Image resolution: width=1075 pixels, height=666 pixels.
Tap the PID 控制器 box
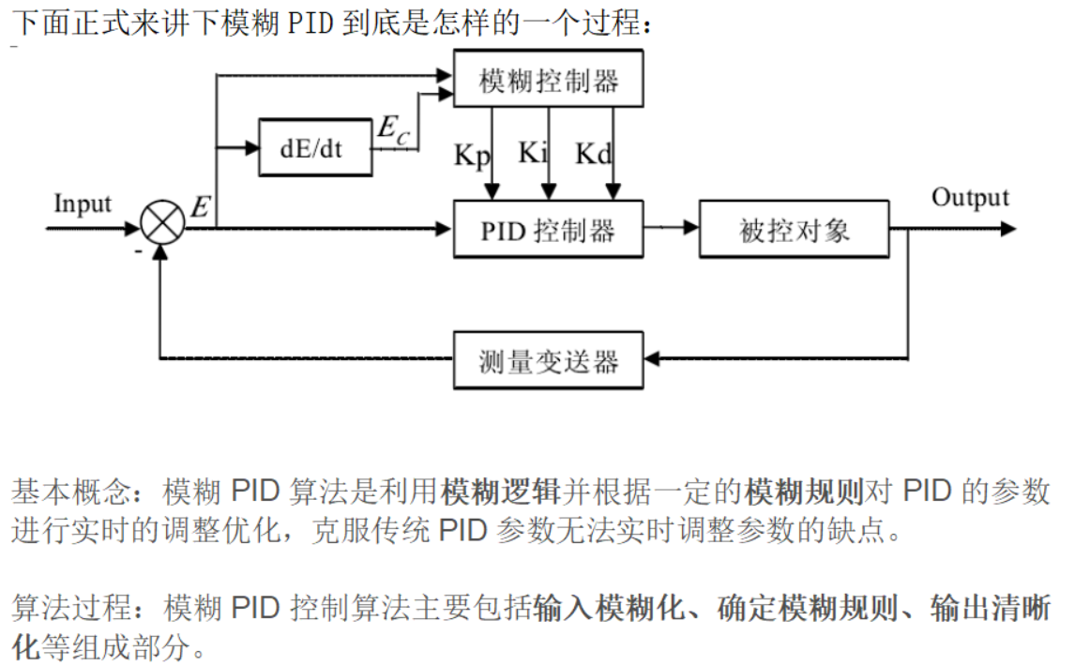click(549, 229)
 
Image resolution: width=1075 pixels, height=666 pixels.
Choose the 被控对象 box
click(795, 229)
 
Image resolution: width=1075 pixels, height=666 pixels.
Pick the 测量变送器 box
click(549, 359)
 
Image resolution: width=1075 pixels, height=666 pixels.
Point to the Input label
click(83, 204)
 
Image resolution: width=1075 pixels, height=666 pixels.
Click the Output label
click(970, 197)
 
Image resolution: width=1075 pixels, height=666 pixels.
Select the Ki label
click(532, 152)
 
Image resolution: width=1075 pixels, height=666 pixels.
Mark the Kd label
click(593, 154)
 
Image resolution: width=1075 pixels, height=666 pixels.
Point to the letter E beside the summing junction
click(199, 206)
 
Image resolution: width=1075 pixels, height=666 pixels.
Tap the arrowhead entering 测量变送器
click(653, 358)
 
